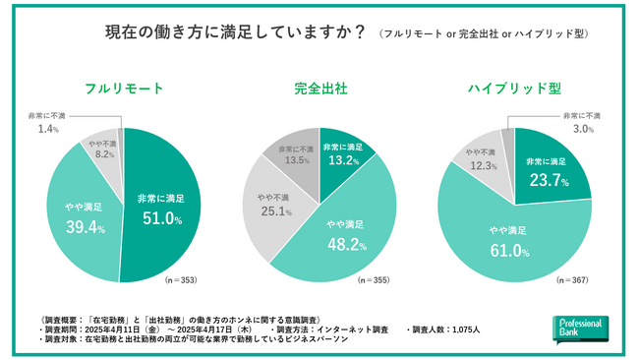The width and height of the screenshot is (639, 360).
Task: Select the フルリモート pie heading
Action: point(123,89)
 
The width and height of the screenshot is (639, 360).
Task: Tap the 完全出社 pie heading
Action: point(319,89)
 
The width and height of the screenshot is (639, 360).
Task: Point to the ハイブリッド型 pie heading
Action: point(515,89)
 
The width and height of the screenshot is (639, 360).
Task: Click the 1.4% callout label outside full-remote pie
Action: point(48,129)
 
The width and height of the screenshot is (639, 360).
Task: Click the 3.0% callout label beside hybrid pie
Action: point(586,129)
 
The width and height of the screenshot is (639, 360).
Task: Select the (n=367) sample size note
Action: point(575,280)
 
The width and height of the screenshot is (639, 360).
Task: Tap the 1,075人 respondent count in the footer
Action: point(461,329)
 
